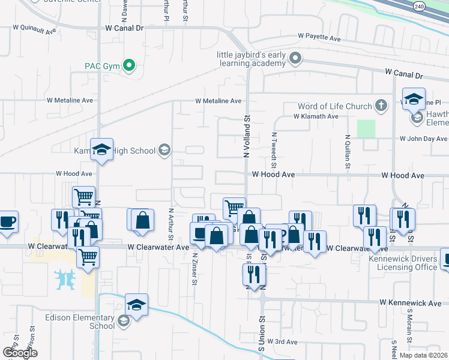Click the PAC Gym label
pyautogui.click(x=103, y=65)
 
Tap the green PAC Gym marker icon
pyautogui.click(x=129, y=65)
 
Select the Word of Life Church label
pyautogui.click(x=342, y=106)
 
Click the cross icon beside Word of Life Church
pyautogui.click(x=381, y=106)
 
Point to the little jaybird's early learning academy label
pyautogui.click(x=252, y=59)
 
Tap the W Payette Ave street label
pyautogui.click(x=319, y=37)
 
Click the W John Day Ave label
pyautogui.click(x=424, y=139)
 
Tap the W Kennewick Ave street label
pyautogui.click(x=410, y=304)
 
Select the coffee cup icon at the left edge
pyautogui.click(x=7, y=221)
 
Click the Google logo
pyautogui.click(x=20, y=352)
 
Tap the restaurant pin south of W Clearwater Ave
pyautogui.click(x=255, y=274)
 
